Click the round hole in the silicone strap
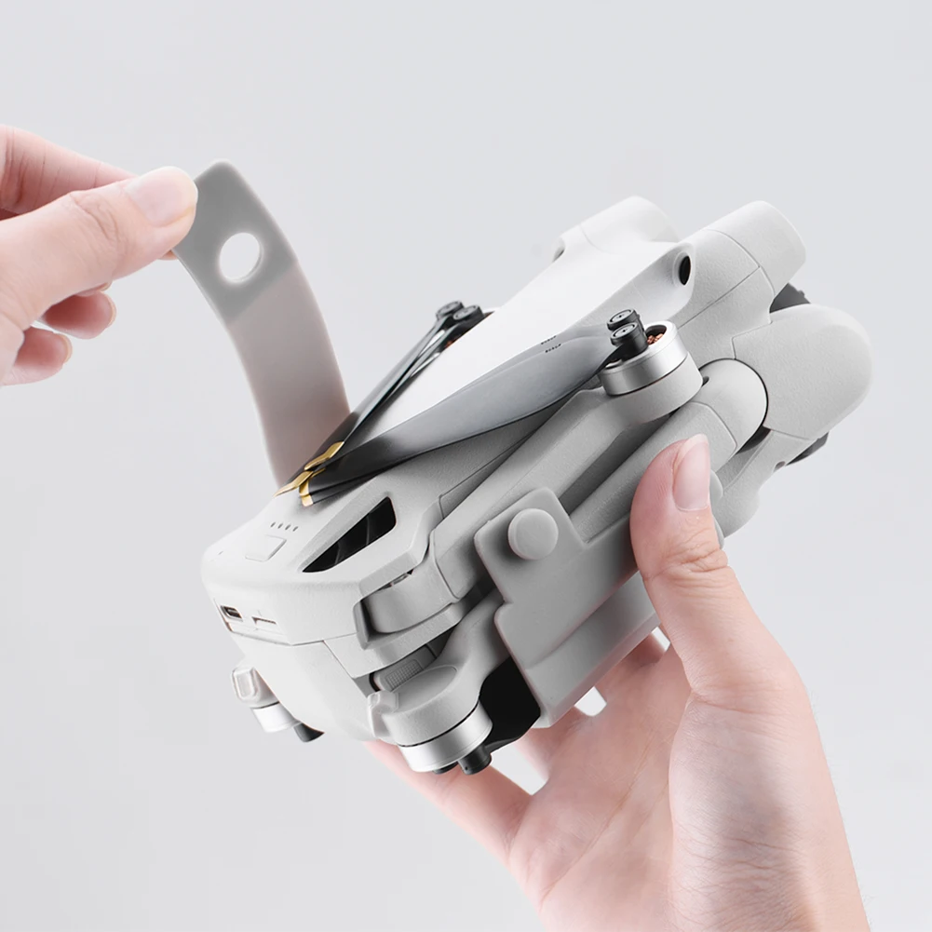[239, 258]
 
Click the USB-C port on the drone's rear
[230, 613]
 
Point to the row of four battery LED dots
[283, 527]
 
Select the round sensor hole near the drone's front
[685, 270]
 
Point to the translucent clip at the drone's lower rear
[245, 684]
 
